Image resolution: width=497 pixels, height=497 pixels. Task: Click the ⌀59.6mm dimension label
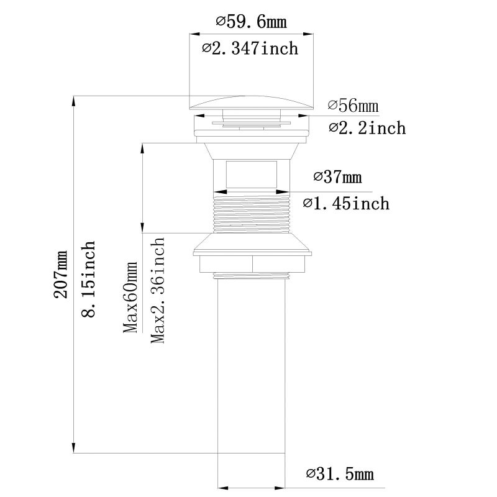[x=251, y=22]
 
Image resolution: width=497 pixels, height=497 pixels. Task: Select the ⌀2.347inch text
[x=250, y=48]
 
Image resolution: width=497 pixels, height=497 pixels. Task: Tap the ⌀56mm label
[x=353, y=106]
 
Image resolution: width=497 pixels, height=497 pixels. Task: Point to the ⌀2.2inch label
[x=367, y=128]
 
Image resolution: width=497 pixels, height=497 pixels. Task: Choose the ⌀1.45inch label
[x=346, y=203]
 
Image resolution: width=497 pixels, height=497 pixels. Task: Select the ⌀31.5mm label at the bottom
[x=340, y=475]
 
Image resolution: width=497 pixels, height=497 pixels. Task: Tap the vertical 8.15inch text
[x=89, y=280]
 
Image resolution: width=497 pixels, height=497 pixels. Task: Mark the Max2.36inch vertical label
[x=158, y=290]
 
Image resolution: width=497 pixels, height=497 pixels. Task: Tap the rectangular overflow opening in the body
[x=251, y=175]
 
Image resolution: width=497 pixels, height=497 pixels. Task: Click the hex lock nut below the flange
[x=251, y=263]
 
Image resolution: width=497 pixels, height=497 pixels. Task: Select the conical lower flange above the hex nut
[x=251, y=244]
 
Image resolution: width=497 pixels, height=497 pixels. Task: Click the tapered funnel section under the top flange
[x=251, y=149]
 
